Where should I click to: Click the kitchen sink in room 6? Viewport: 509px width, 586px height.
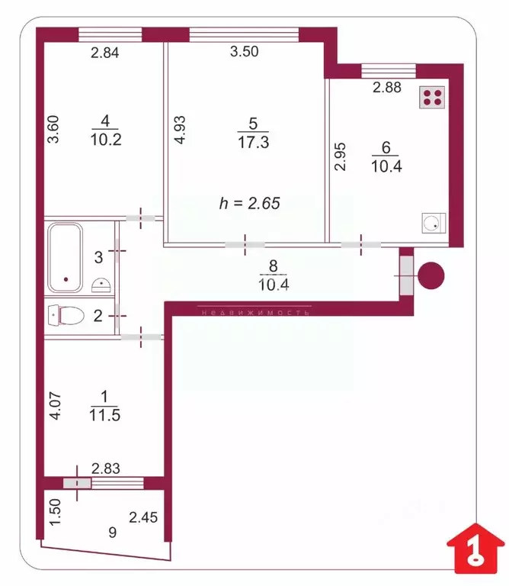click(x=431, y=223)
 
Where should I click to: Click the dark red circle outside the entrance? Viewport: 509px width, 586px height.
click(x=432, y=275)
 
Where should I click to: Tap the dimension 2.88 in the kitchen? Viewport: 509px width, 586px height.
click(x=386, y=88)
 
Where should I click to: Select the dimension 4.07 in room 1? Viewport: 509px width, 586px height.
click(x=53, y=405)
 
